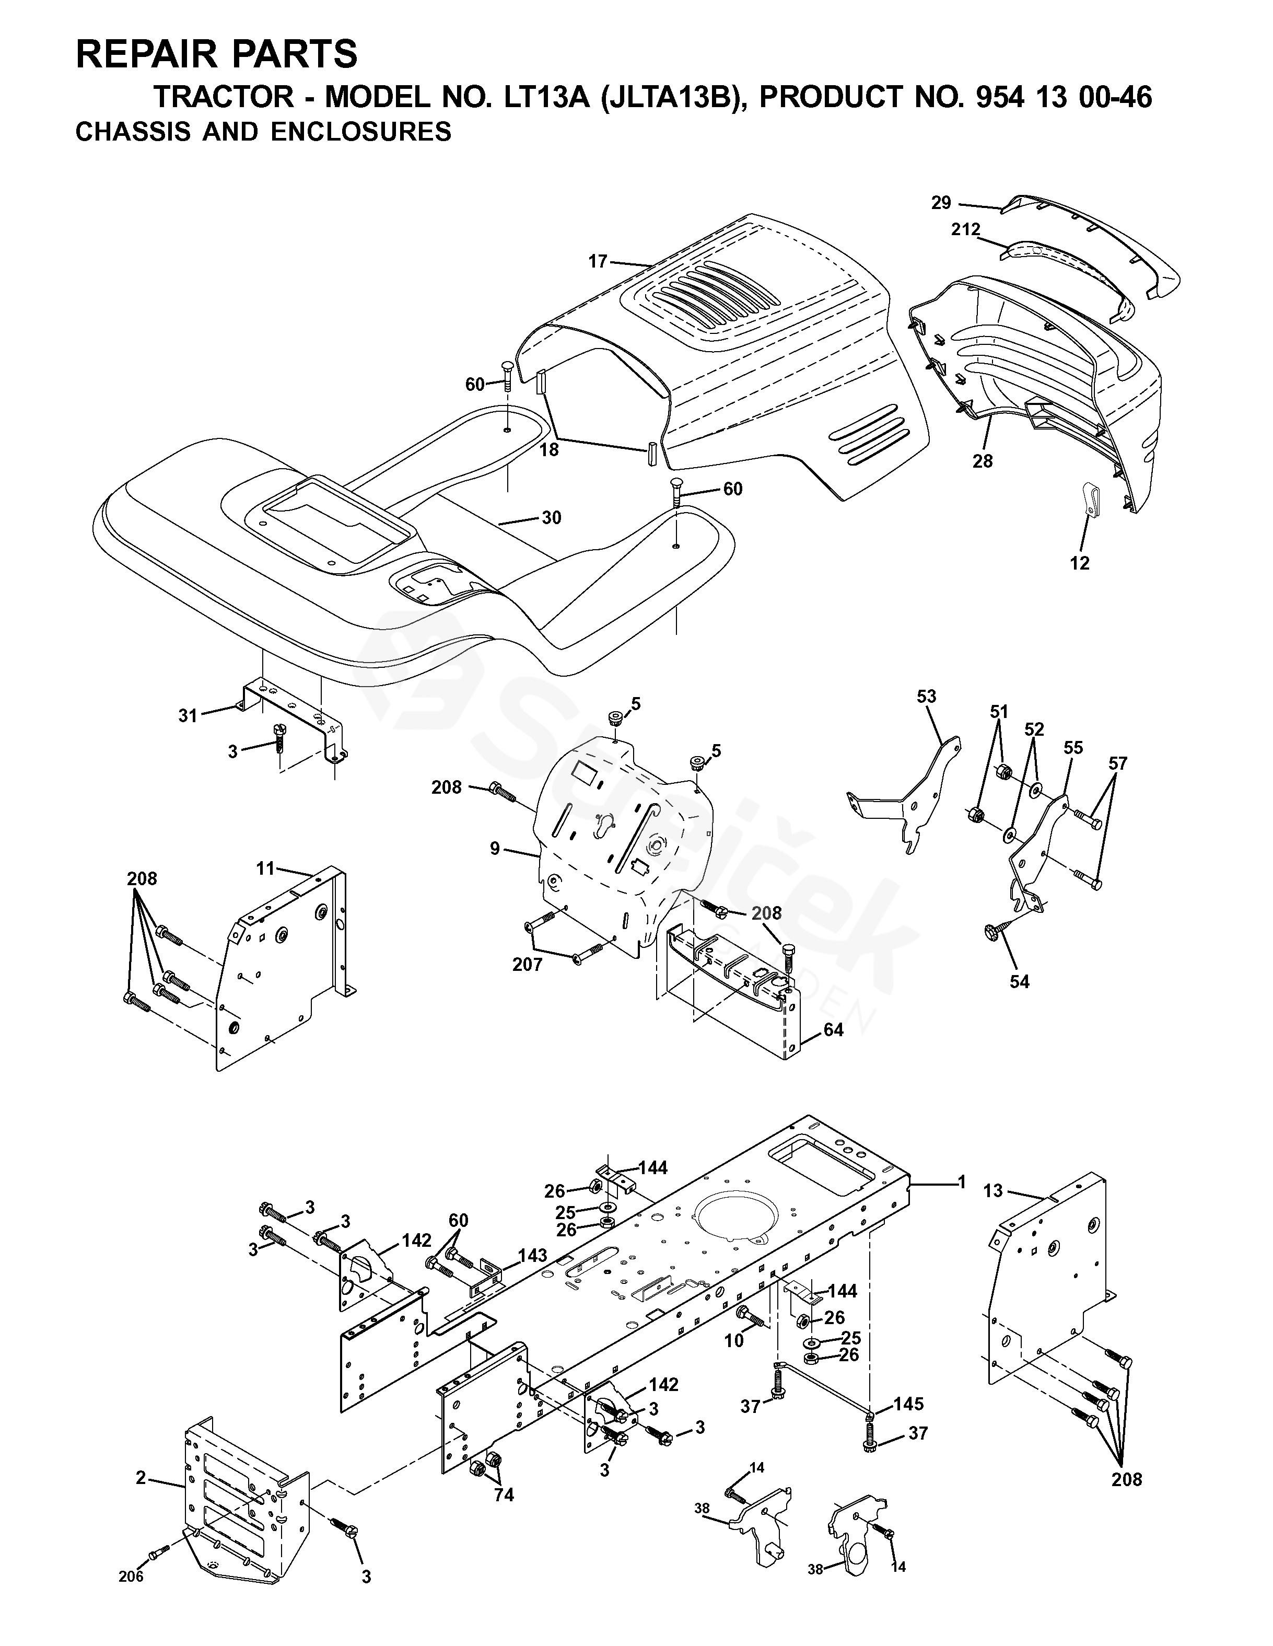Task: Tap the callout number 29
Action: click(x=941, y=203)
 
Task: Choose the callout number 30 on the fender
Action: click(x=552, y=518)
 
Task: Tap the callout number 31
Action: click(x=188, y=715)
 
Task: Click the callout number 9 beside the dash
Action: click(x=494, y=849)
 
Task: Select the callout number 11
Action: click(x=265, y=868)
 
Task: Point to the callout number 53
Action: click(x=927, y=697)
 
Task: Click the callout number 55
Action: click(x=1073, y=748)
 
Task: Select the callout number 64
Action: click(x=833, y=1029)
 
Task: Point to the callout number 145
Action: click(x=908, y=1404)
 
